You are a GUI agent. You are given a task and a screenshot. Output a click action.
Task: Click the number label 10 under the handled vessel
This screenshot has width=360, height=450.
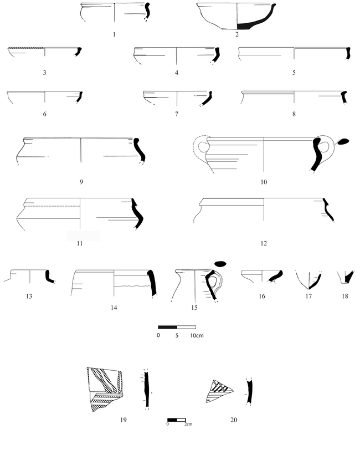point(264,182)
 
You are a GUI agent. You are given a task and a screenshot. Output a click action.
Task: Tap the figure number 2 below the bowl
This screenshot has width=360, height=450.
point(237,34)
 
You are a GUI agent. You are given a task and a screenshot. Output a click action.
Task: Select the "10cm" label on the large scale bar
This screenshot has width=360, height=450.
point(197,335)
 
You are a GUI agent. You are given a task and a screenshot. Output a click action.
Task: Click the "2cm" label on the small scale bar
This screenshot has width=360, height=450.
point(188,424)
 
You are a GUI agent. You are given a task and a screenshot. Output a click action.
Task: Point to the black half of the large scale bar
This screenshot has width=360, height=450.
point(167,327)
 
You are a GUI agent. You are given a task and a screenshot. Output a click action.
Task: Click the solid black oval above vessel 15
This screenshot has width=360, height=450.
point(220,263)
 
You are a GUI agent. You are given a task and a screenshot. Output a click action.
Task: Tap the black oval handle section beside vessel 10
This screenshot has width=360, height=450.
point(343,141)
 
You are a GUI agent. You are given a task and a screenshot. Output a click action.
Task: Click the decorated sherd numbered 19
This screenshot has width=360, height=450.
point(105,389)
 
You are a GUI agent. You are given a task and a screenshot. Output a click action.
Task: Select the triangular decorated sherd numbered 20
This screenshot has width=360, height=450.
point(219,391)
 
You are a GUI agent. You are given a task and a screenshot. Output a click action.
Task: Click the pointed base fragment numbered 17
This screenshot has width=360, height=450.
point(308,280)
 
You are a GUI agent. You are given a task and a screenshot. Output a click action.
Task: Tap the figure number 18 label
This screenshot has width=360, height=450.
point(345,296)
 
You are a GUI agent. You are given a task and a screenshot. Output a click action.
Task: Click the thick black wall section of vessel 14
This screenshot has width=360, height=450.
point(152,283)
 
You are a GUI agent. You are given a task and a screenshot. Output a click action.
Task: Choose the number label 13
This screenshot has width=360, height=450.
point(29,296)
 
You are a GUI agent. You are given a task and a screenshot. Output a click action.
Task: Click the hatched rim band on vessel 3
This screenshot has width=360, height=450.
point(26,48)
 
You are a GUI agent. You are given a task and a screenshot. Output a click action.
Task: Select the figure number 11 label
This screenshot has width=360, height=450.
point(80,243)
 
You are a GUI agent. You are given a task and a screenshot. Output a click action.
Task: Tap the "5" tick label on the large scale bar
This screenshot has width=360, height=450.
point(177,335)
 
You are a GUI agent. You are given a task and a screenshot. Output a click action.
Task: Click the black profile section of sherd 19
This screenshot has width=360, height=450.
point(147,389)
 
